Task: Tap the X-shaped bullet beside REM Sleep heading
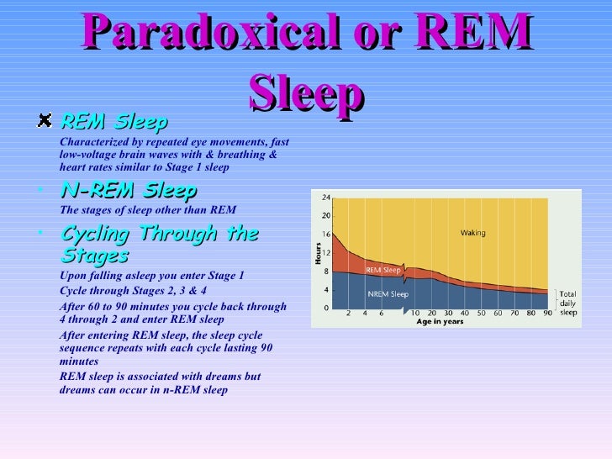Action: point(45,122)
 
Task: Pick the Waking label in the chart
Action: point(472,233)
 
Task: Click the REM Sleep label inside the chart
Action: point(382,270)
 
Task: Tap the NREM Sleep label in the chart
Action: point(388,294)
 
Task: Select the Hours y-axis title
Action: point(319,253)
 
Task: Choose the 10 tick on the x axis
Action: point(415,314)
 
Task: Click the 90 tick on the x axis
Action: point(547,314)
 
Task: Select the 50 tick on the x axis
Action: point(482,314)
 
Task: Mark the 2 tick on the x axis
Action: point(349,314)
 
